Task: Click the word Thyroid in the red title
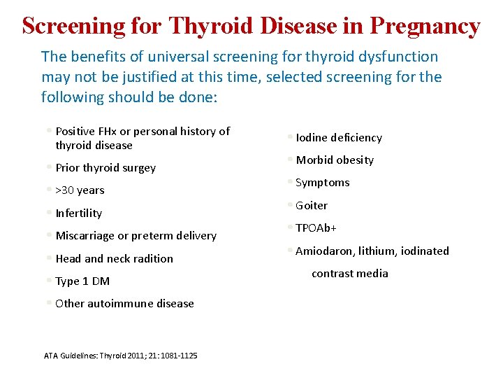pyautogui.click(x=212, y=26)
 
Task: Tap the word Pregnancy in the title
pyautogui.click(x=425, y=26)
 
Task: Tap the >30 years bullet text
pyautogui.click(x=80, y=190)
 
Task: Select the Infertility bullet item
pyautogui.click(x=78, y=213)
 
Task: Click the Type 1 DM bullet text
pyautogui.click(x=82, y=281)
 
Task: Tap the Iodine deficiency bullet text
pyautogui.click(x=339, y=138)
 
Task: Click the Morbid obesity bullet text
pyautogui.click(x=335, y=160)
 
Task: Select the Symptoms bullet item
pyautogui.click(x=322, y=183)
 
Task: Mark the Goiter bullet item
pyautogui.click(x=312, y=206)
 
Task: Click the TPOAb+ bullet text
pyautogui.click(x=316, y=228)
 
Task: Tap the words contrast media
pyautogui.click(x=349, y=274)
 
